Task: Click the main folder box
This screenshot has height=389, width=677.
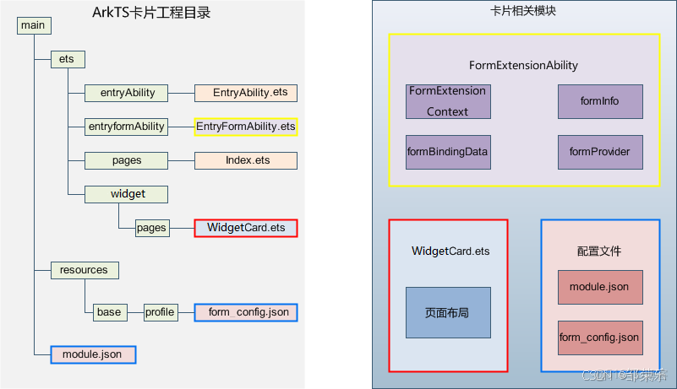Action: (34, 25)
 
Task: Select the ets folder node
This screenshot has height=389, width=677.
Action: (68, 59)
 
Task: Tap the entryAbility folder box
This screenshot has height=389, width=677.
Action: (127, 93)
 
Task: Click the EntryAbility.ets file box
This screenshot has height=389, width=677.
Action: (245, 93)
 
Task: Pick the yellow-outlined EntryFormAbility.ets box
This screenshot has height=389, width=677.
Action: (246, 127)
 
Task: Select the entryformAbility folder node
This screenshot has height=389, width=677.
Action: (127, 127)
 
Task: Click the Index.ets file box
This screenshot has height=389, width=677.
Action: (245, 160)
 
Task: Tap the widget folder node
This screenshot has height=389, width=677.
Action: (127, 194)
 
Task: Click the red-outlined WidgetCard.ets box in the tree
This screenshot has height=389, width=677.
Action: (246, 228)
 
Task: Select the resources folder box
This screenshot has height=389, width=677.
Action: (85, 270)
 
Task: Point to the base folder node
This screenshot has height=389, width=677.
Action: (109, 312)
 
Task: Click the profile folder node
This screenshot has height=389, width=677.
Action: (160, 312)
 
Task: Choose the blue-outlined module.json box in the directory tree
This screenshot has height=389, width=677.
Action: (93, 354)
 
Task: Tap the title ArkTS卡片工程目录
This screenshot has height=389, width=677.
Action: (151, 12)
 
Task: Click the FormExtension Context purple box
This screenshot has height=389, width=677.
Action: (448, 101)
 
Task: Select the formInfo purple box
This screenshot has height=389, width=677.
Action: (600, 101)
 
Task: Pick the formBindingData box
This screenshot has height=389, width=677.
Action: (448, 152)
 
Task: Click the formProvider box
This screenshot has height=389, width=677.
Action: (600, 152)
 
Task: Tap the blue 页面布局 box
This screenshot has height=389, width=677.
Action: (448, 312)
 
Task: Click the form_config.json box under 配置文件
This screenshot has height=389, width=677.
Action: (600, 338)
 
